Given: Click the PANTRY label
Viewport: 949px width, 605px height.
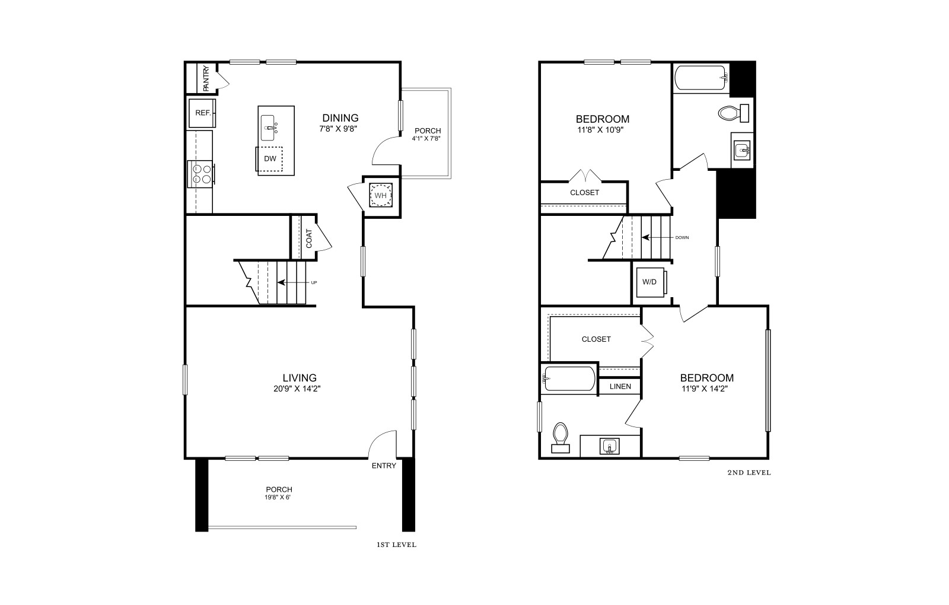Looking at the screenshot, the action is point(206,78).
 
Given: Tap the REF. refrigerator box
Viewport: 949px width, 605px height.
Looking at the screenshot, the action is point(202,113).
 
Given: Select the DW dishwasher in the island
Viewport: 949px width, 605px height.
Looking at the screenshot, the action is point(269,159).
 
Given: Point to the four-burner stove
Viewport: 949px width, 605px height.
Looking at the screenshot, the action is point(201,174).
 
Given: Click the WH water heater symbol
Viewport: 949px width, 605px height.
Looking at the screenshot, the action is point(380,195).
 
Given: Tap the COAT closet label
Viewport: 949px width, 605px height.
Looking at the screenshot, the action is point(309,238).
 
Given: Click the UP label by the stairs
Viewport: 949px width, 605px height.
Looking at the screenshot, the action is point(314,282).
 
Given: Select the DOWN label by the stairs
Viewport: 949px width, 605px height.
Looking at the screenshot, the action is point(682,238).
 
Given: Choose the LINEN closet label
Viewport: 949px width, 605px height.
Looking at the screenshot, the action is point(620,386).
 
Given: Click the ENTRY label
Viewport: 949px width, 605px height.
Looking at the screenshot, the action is point(384,466).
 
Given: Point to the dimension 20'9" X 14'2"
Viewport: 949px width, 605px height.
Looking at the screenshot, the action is point(297,389).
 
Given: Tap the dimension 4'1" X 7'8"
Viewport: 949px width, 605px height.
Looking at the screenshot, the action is point(426,139).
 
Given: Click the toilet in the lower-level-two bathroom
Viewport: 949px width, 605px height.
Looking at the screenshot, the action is point(561,438).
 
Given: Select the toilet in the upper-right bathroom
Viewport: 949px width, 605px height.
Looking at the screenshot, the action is point(733,113).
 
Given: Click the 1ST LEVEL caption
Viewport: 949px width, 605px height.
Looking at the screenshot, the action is point(397,545).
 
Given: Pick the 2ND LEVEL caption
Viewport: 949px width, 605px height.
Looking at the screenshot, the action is point(749,473).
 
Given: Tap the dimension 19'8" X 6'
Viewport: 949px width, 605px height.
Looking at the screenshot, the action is point(278,498).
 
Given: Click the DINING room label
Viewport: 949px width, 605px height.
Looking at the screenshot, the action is point(340,118).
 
